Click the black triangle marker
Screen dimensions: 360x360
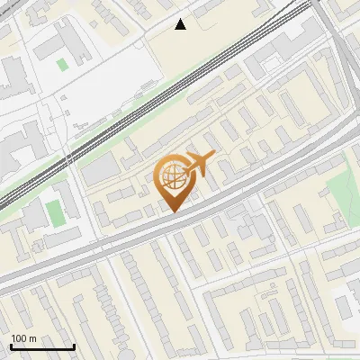click(x=181, y=24)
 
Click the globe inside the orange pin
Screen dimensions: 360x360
click(x=171, y=177)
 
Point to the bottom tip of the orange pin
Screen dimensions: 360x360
click(x=171, y=211)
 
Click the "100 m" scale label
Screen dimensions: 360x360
click(x=23, y=338)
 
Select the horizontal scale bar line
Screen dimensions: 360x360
click(x=42, y=346)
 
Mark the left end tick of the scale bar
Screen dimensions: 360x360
click(x=11, y=345)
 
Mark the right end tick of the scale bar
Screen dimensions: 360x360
click(x=74, y=345)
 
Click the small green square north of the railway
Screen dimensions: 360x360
click(x=61, y=64)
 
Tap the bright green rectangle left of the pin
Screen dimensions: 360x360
click(x=55, y=213)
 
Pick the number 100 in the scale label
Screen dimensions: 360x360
click(x=19, y=338)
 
